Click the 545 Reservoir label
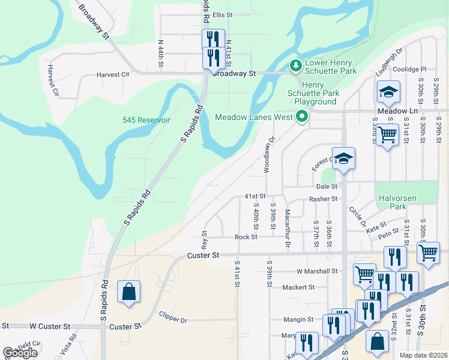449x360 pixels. click(x=147, y=120)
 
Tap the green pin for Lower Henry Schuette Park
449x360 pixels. click(x=295, y=64)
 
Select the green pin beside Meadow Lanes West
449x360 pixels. click(x=302, y=116)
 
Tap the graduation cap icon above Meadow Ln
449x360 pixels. click(x=388, y=92)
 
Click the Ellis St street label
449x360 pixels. click(x=222, y=15)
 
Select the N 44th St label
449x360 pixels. click(x=161, y=53)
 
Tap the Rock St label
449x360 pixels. click(x=246, y=237)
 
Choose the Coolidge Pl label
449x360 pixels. click(x=409, y=70)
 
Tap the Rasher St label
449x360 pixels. click(x=323, y=199)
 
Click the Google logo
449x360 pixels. click(x=20, y=352)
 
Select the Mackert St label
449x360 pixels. click(x=298, y=287)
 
